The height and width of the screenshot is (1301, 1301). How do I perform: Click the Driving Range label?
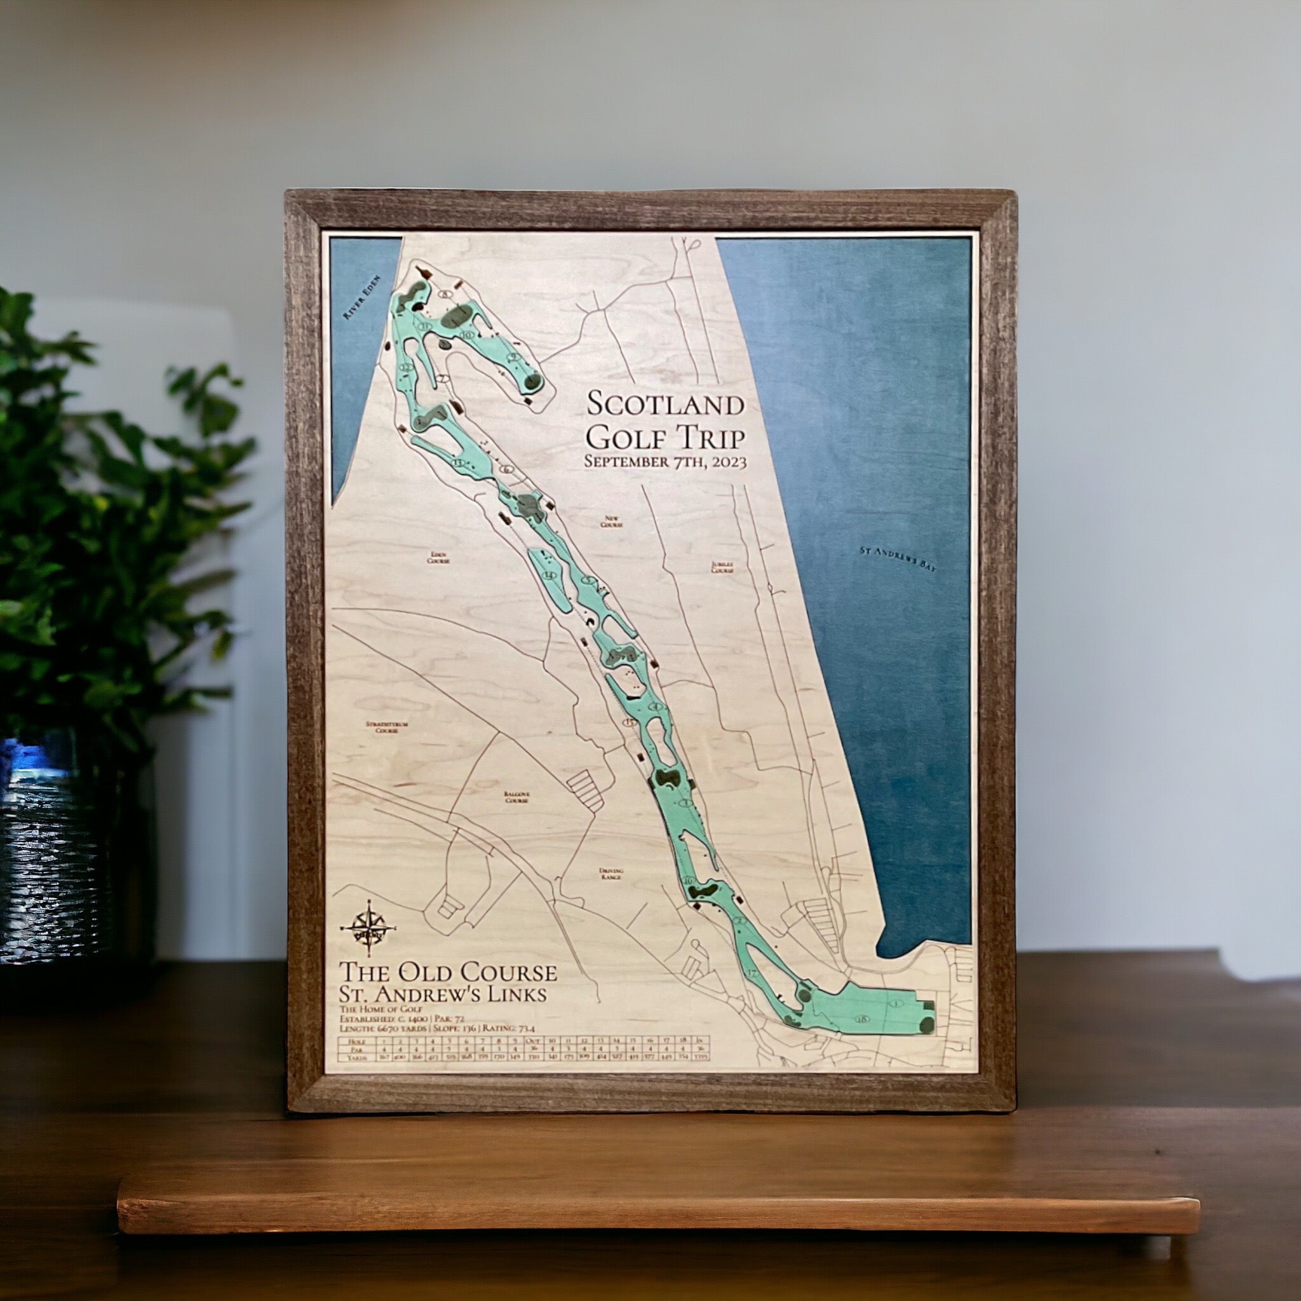coord(612,873)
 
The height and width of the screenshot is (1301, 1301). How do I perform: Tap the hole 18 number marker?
coord(861,1039)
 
